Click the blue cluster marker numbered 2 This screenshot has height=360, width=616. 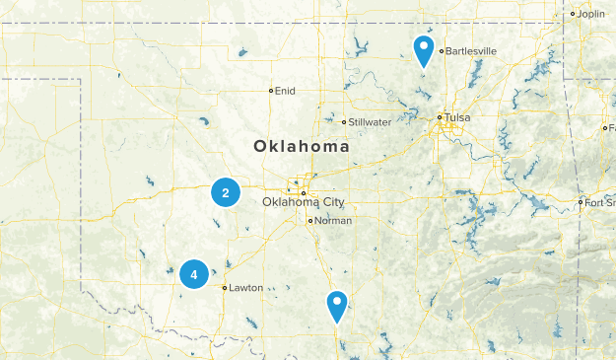pyautogui.click(x=226, y=193)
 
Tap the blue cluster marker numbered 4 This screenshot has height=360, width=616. pyautogui.click(x=194, y=274)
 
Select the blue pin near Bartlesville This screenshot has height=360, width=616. pyautogui.click(x=424, y=49)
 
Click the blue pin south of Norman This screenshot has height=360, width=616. pyautogui.click(x=337, y=306)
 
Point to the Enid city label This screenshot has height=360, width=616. pyautogui.click(x=285, y=91)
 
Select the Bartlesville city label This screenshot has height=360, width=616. pyautogui.click(x=471, y=50)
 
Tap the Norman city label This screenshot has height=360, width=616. pyautogui.click(x=333, y=221)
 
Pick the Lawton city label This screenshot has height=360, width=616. pyautogui.click(x=246, y=288)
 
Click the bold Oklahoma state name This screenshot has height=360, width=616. pyautogui.click(x=302, y=146)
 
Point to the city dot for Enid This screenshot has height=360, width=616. pyautogui.click(x=271, y=91)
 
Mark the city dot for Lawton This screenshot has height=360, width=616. pyautogui.click(x=225, y=288)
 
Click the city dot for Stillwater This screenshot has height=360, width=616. pyautogui.click(x=344, y=122)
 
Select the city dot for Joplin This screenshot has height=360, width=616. pyautogui.click(x=573, y=14)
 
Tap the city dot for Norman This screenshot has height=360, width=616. pyautogui.click(x=310, y=221)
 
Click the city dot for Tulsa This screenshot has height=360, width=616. pyautogui.click(x=440, y=117)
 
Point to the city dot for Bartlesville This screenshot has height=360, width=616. pyautogui.click(x=442, y=50)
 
